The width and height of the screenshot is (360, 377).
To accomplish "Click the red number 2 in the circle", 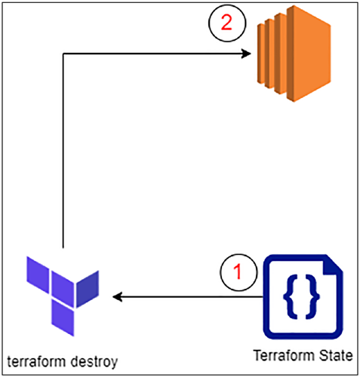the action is click(226, 23).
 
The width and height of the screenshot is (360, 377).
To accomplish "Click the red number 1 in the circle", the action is click(238, 271).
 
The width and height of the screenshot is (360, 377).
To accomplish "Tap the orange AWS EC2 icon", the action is click(294, 54).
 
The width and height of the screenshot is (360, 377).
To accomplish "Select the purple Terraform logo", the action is click(63, 296).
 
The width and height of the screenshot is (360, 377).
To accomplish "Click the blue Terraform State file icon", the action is click(303, 296).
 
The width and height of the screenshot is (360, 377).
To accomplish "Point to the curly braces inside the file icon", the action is click(301, 297).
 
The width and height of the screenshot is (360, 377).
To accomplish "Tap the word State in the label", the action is click(336, 356).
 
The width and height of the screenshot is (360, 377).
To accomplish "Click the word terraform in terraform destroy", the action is click(36, 361).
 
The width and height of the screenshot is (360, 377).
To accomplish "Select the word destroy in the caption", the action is click(94, 362).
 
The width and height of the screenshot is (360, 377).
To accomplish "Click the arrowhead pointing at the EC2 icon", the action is click(246, 54).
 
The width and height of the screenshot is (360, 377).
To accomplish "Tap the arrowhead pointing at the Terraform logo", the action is click(118, 297).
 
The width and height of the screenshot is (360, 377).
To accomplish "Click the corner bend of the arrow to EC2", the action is click(63, 54).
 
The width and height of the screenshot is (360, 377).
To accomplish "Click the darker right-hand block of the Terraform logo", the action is click(88, 289).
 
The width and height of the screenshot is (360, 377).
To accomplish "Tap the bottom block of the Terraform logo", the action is click(63, 317).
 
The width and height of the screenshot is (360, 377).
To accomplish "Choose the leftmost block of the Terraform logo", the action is click(38, 274).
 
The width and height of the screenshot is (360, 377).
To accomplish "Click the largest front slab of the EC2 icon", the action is click(309, 54).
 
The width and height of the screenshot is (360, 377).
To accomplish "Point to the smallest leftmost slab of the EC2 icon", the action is click(261, 54).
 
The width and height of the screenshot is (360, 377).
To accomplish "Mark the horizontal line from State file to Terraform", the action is click(188, 297).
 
